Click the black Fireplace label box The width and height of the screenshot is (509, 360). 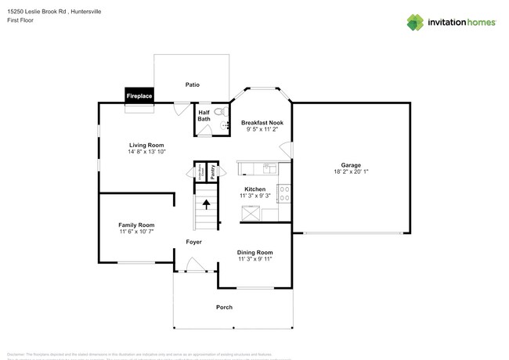(140, 95)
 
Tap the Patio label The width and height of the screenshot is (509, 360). (192, 84)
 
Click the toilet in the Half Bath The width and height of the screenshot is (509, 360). (219, 113)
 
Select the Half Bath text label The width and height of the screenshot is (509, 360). (204, 116)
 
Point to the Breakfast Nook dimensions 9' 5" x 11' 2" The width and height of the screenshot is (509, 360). (262, 130)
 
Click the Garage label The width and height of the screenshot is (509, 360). (350, 165)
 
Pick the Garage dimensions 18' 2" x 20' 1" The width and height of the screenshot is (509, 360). (350, 172)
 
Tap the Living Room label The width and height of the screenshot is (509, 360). (146, 145)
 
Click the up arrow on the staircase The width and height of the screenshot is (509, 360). (207, 206)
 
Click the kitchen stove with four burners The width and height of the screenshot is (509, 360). (283, 193)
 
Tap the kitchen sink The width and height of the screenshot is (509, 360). (267, 167)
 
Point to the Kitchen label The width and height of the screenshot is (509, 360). (255, 189)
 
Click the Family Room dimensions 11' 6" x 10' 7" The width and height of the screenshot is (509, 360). (136, 232)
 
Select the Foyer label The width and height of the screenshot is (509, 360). (193, 242)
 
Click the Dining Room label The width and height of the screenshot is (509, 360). (255, 252)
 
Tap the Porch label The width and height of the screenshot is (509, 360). (224, 307)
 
